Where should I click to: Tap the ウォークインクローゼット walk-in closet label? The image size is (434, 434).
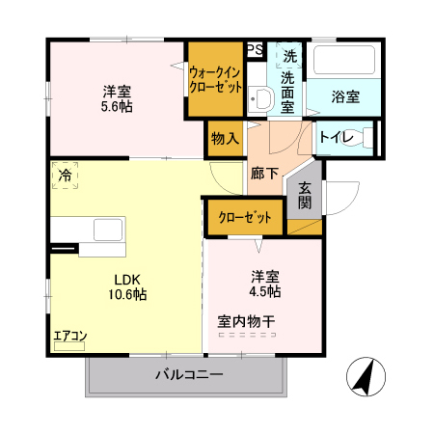(x=215, y=79)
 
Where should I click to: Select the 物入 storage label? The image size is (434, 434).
(x=225, y=138)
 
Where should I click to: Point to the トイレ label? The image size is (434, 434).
(x=335, y=137)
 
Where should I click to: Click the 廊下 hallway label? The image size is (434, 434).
(x=264, y=175)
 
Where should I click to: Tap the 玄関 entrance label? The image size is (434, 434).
(x=304, y=195)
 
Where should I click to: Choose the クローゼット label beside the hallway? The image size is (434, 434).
(x=243, y=217)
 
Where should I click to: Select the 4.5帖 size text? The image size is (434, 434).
(x=266, y=290)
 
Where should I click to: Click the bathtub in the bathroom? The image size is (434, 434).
(x=343, y=64)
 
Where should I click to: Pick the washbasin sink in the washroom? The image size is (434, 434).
(x=258, y=97)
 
